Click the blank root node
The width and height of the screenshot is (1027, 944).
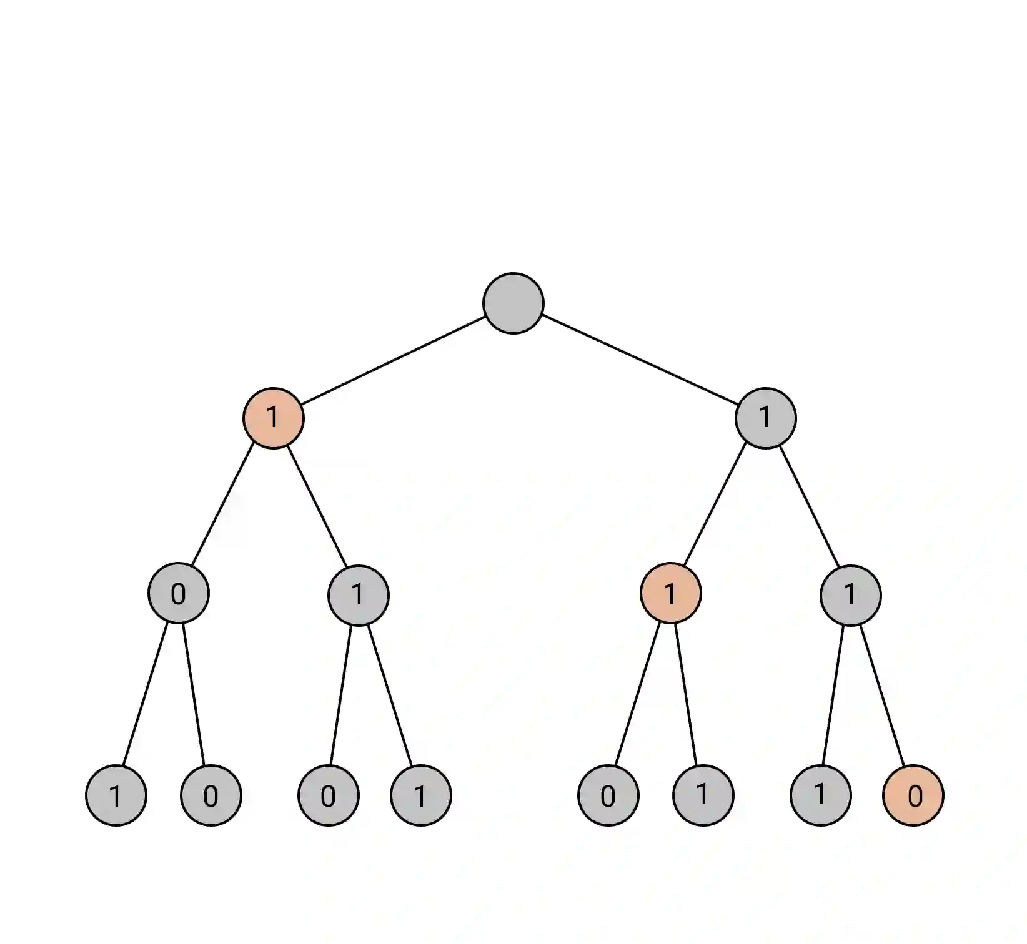click(x=513, y=303)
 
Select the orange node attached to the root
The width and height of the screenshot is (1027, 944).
click(x=273, y=418)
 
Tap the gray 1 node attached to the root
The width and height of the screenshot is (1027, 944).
click(x=765, y=418)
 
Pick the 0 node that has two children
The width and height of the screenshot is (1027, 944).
click(x=179, y=594)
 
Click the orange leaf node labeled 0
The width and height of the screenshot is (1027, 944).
click(x=913, y=795)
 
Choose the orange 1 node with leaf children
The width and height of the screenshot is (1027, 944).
click(x=670, y=594)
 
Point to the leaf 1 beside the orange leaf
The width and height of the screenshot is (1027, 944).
click(x=820, y=795)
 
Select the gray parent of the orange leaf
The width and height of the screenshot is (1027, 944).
click(x=850, y=594)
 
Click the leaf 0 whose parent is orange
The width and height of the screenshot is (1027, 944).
click(x=608, y=795)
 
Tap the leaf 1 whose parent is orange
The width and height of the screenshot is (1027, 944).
click(x=703, y=795)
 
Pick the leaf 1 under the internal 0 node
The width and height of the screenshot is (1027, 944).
click(x=116, y=795)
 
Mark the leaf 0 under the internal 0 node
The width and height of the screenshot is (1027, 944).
click(x=211, y=795)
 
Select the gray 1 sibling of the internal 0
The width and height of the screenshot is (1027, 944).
click(x=358, y=594)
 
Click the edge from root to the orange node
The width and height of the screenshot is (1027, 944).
click(x=394, y=360)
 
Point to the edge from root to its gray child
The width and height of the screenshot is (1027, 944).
click(x=639, y=360)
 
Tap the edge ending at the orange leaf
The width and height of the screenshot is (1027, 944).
click(x=881, y=694)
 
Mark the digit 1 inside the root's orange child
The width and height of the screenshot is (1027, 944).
click(x=272, y=417)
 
